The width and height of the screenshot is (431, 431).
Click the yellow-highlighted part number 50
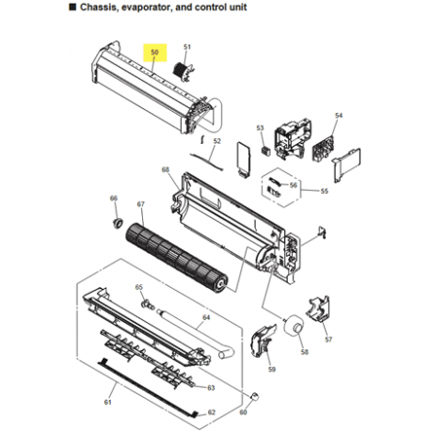point(155,51)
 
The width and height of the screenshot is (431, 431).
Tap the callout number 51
point(186,47)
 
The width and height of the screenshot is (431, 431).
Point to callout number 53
point(261,127)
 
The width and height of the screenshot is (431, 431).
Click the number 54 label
point(339,116)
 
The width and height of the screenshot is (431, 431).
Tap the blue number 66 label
point(114,198)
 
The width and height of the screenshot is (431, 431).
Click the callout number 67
point(141,204)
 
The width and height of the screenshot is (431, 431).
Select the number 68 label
point(165,170)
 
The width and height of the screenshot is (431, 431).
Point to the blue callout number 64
point(203,319)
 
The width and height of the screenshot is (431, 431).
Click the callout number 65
point(138,287)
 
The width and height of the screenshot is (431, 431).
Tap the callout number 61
point(107,402)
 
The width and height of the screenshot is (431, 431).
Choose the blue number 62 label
point(211,412)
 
